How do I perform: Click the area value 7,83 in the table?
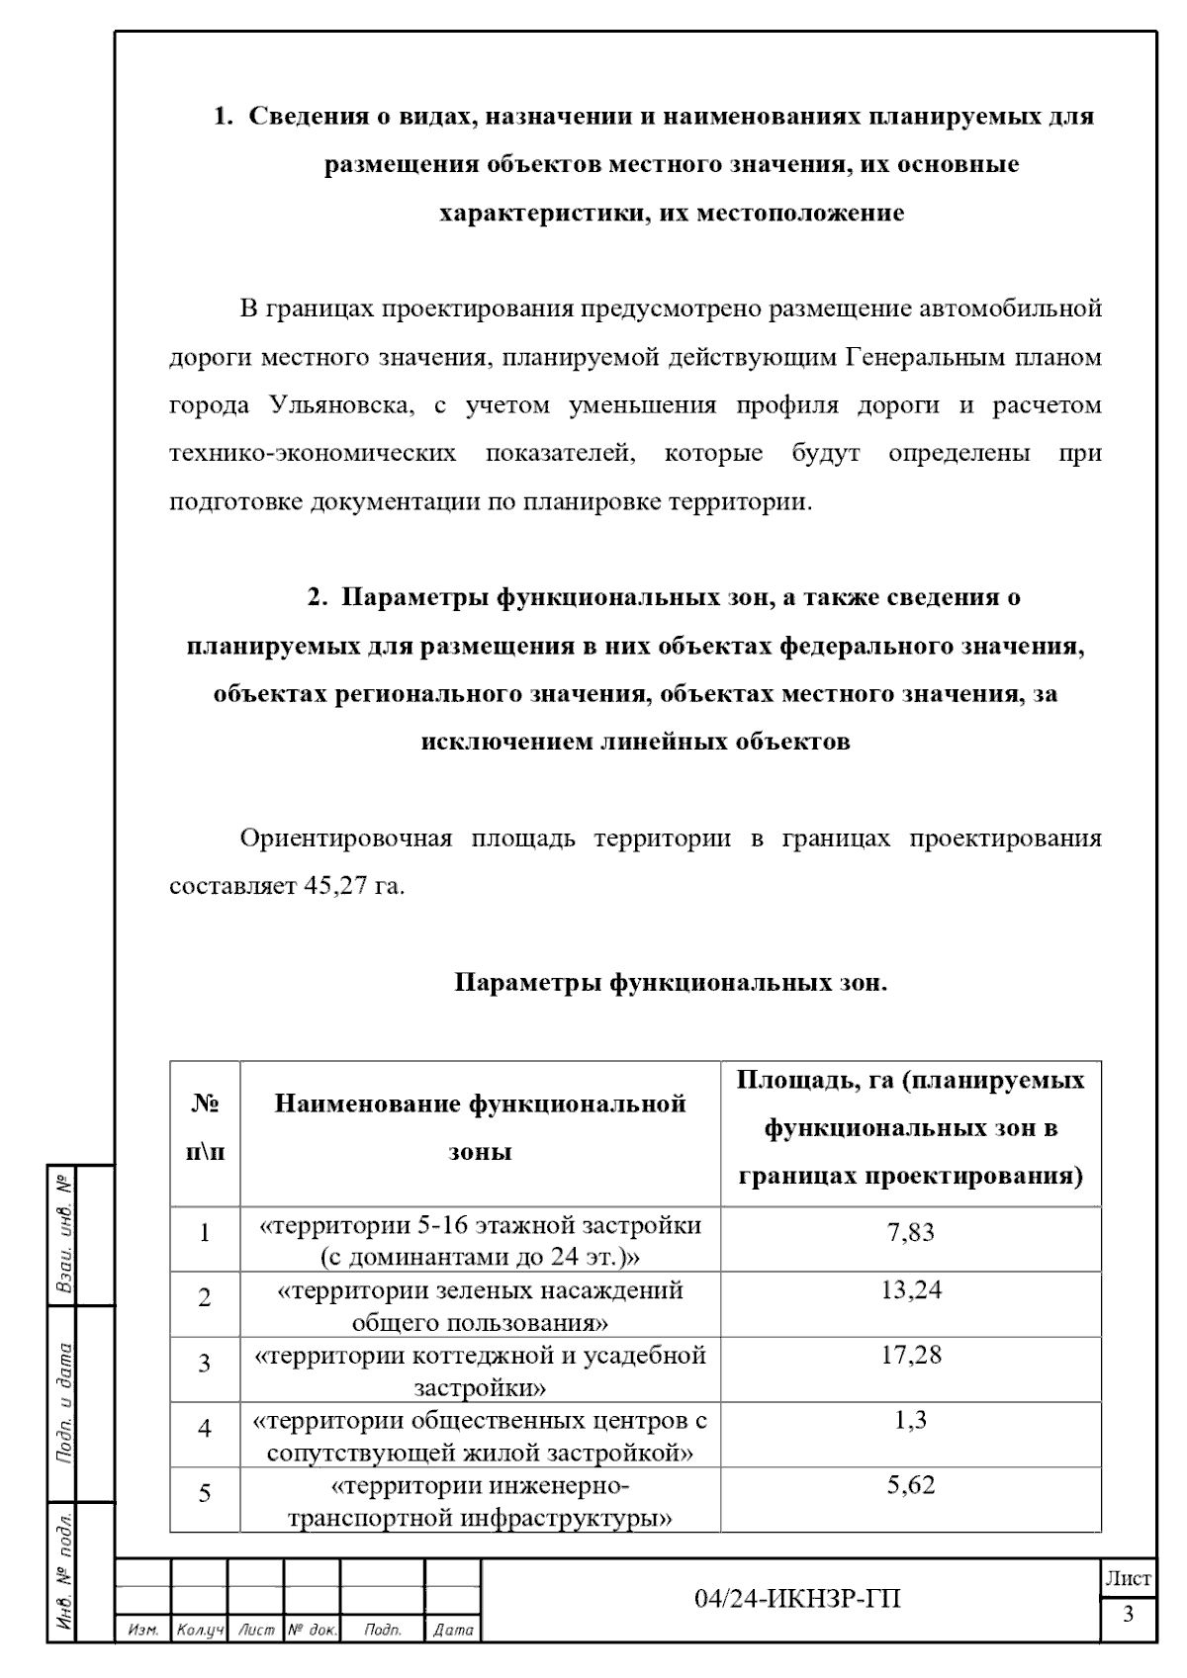coord(910,1232)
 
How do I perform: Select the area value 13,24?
coord(910,1289)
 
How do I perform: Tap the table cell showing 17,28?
coord(910,1355)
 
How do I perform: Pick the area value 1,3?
coord(910,1420)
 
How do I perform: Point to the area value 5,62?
coord(910,1485)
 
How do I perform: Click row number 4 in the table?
coord(205,1428)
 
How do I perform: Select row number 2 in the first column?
coord(205,1297)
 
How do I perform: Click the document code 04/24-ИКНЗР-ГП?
coord(797,1599)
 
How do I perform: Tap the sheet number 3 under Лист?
coord(1128,1616)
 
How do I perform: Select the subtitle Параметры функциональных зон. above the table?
coord(671,984)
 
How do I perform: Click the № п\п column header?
coord(205,1128)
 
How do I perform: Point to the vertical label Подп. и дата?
coord(63,1403)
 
